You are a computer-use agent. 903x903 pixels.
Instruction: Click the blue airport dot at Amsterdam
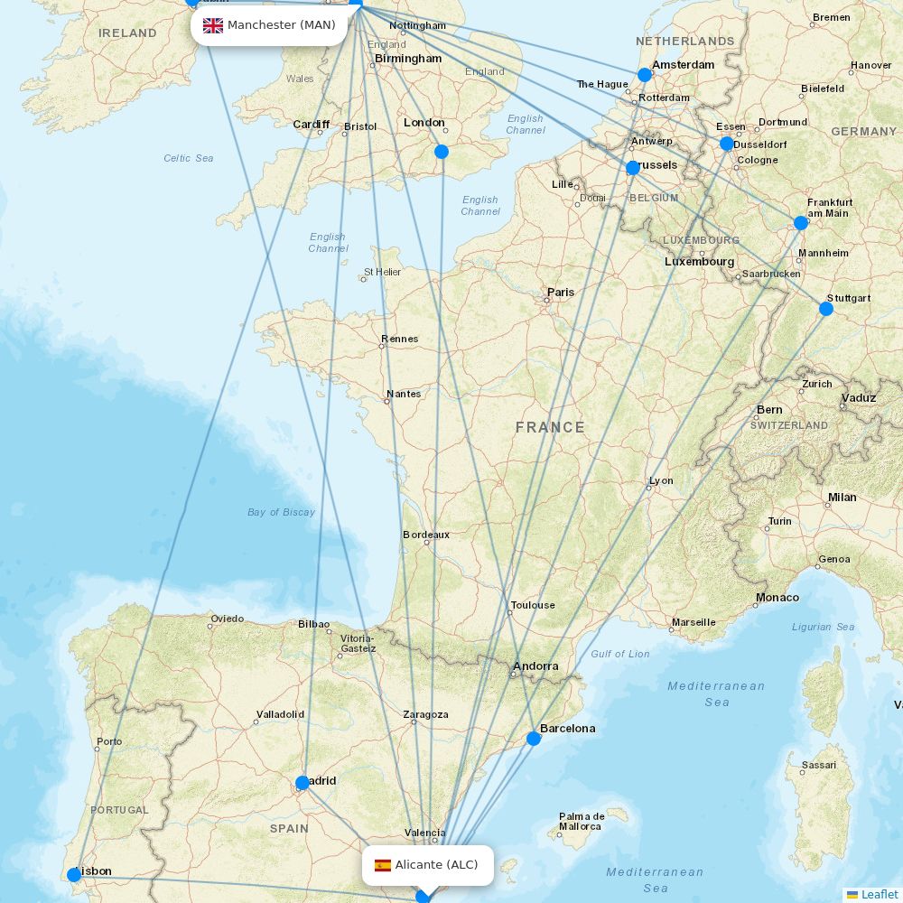tap(644, 75)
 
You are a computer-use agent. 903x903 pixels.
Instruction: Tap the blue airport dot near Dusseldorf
tap(727, 144)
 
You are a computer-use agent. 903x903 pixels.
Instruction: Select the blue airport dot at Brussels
tap(633, 167)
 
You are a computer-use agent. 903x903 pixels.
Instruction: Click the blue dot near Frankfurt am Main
tap(801, 223)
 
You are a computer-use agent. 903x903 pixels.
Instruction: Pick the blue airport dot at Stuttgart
tap(826, 309)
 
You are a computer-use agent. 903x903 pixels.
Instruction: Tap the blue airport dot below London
tap(442, 152)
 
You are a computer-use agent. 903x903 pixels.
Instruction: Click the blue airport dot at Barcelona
tap(534, 739)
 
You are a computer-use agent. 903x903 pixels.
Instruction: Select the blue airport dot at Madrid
tap(303, 783)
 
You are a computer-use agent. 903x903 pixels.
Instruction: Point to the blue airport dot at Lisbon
tap(74, 874)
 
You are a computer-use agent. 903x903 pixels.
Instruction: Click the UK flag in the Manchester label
tap(213, 25)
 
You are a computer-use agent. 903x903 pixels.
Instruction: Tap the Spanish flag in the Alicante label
tap(383, 865)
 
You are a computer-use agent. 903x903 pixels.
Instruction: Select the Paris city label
tap(560, 293)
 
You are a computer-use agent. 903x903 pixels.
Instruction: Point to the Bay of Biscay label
tap(281, 512)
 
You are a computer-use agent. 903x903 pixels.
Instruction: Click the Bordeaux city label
tap(425, 535)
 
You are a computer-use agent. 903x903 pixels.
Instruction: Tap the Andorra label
tap(535, 666)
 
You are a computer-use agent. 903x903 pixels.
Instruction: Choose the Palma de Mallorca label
tap(581, 821)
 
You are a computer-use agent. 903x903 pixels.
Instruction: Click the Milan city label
tap(842, 498)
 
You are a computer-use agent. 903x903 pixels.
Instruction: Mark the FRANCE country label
tap(550, 427)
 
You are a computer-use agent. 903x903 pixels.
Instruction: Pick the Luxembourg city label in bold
tap(699, 262)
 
